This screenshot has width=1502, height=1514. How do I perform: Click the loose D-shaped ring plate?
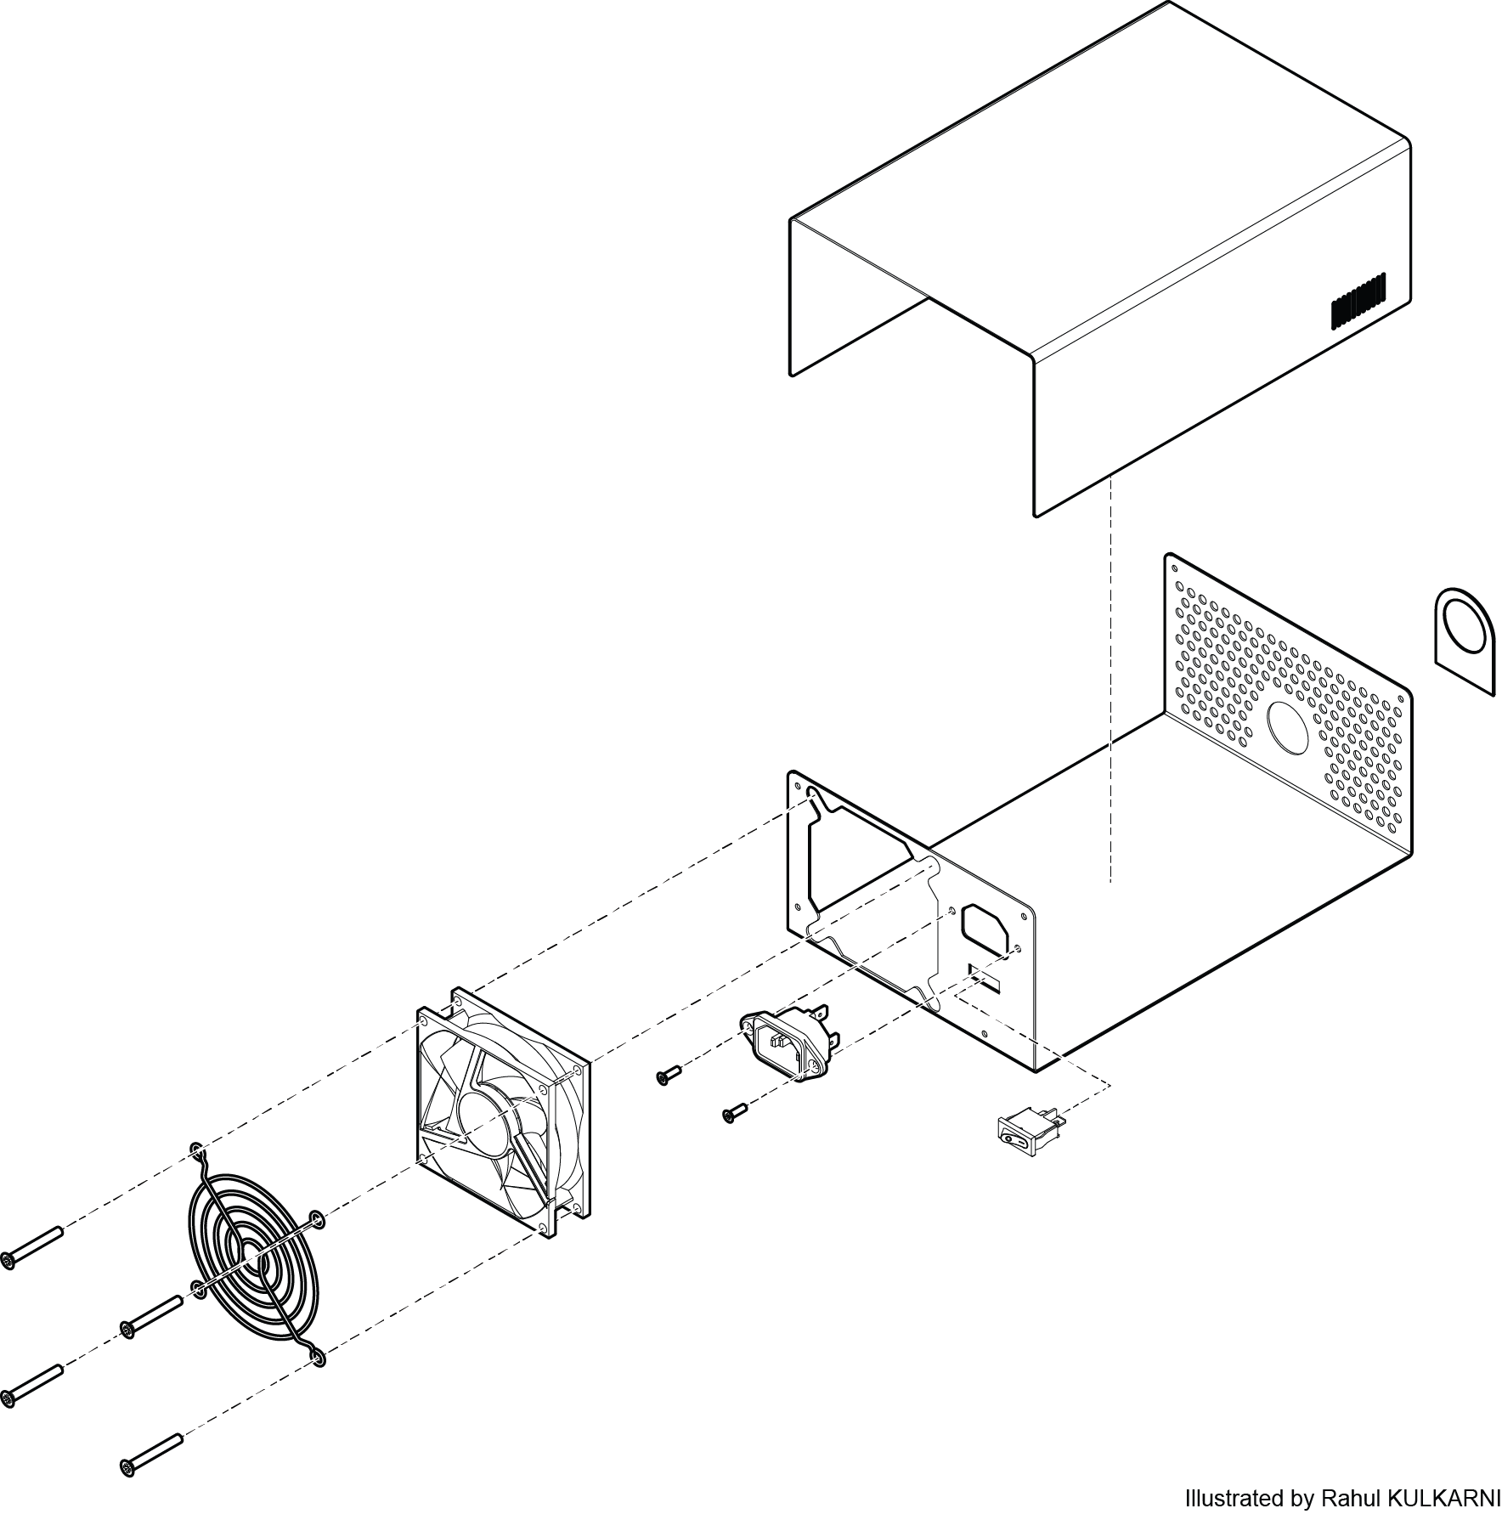(x=1464, y=640)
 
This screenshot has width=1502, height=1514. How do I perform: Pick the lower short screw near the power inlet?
(x=734, y=1113)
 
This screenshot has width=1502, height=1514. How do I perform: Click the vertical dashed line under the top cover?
(x=1111, y=680)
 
